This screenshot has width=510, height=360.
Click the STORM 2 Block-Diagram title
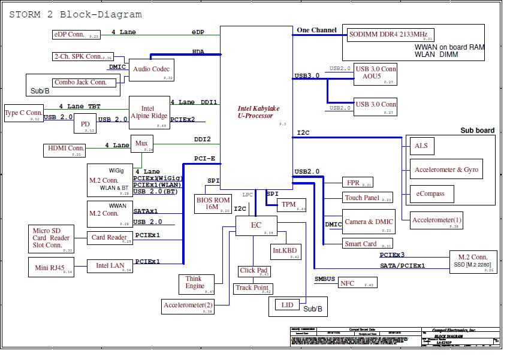pyautogui.click(x=76, y=14)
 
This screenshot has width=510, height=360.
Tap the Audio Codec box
pyautogui.click(x=152, y=70)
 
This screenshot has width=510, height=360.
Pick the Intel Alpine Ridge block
pyautogui.click(x=149, y=113)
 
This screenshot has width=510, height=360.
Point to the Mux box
pyautogui.click(x=142, y=144)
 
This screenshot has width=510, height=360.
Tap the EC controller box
pyautogui.click(x=256, y=225)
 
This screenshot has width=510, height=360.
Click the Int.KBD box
pyautogui.click(x=285, y=250)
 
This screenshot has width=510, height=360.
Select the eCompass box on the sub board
pyautogui.click(x=431, y=194)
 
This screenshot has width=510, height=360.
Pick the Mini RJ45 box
pyautogui.click(x=50, y=265)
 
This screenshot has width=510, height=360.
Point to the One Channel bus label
pyautogui.click(x=316, y=30)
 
